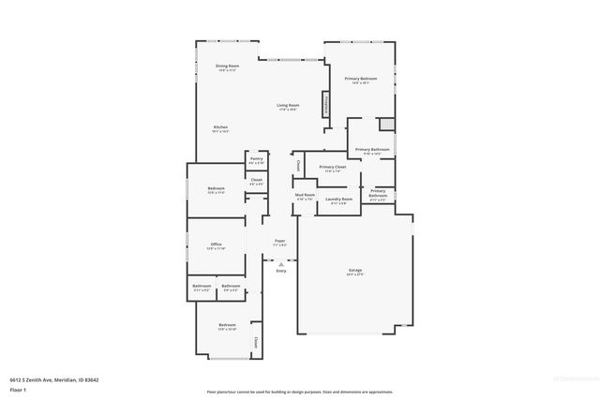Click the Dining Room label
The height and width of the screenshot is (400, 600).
click(228, 67)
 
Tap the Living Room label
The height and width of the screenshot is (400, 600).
click(287, 107)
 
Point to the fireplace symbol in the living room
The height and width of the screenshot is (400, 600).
click(326, 104)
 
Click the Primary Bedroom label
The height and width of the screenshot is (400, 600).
click(361, 80)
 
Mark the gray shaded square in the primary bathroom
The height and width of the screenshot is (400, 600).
click(383, 125)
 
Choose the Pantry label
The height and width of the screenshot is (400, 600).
click(256, 160)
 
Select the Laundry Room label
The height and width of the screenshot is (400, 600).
click(338, 200)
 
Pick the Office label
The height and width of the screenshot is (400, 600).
click(216, 247)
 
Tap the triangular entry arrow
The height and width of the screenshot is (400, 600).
click(279, 263)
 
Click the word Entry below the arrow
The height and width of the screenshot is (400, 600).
click(280, 271)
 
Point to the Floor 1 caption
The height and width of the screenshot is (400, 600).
click(18, 389)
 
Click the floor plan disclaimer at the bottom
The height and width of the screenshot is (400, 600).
click(300, 392)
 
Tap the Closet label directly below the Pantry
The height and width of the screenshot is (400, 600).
click(256, 182)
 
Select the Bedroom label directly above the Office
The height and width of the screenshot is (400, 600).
click(216, 190)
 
